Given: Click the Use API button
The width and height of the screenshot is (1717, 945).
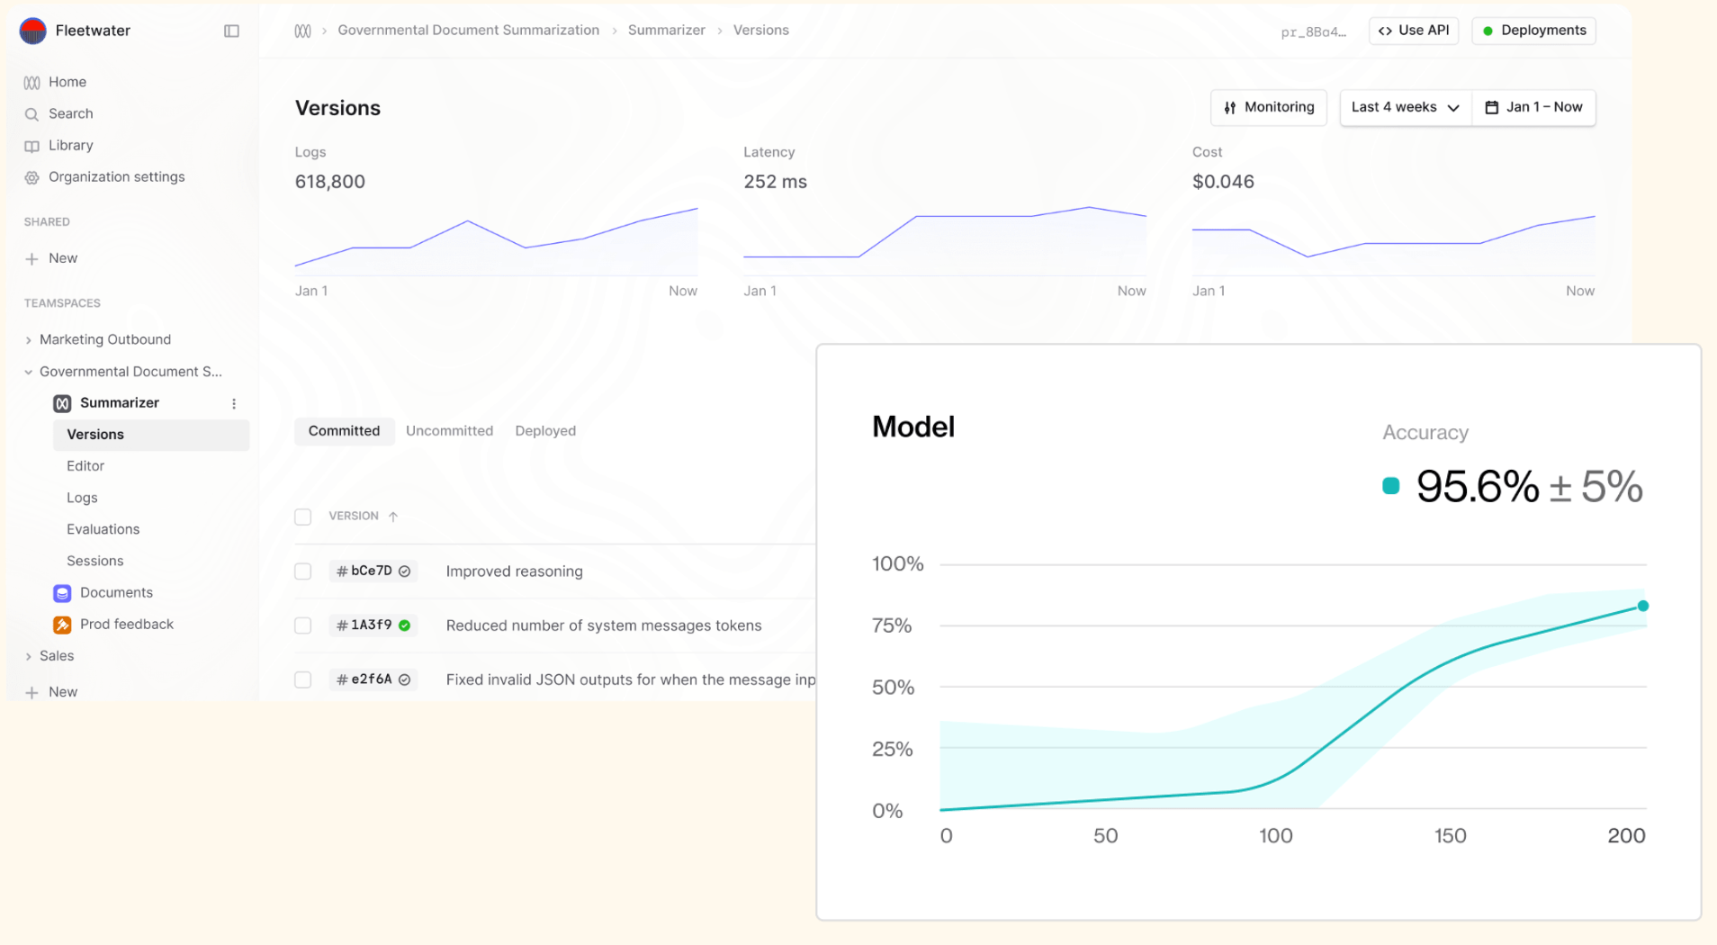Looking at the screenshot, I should point(1414,31).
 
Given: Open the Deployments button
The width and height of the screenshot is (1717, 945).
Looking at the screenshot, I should point(1533,31).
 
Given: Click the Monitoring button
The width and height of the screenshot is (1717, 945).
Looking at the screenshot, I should point(1268,107).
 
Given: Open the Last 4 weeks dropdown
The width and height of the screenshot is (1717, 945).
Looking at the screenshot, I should point(1405,107).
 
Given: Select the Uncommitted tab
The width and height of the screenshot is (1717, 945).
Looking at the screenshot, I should point(449,431).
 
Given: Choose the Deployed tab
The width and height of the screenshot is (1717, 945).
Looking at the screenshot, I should point(545,431).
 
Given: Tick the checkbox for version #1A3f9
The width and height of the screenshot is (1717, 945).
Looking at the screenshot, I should point(303,625).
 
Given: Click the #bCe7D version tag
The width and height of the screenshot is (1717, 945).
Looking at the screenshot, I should point(372,571).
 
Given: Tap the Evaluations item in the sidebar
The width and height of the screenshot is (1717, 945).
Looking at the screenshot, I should point(103,529).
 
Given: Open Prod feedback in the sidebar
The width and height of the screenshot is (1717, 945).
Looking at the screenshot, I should point(126,625).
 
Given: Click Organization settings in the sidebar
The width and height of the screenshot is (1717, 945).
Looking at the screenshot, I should point(116,177).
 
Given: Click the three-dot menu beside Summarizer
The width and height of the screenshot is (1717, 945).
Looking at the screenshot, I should point(234,404).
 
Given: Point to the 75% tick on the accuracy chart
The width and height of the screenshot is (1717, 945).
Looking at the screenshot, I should point(892,625).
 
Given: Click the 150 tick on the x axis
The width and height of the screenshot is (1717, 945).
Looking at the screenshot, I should point(1450,836).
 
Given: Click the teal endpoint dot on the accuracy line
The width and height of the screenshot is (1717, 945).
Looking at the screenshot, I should point(1642,606).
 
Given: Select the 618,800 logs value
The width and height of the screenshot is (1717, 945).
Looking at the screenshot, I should point(330,182).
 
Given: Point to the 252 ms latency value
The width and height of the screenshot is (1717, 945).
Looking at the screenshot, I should point(775,182).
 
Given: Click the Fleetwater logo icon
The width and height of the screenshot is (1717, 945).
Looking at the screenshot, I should point(33,31).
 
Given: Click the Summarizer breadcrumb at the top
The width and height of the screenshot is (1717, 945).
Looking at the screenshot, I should point(666,31).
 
